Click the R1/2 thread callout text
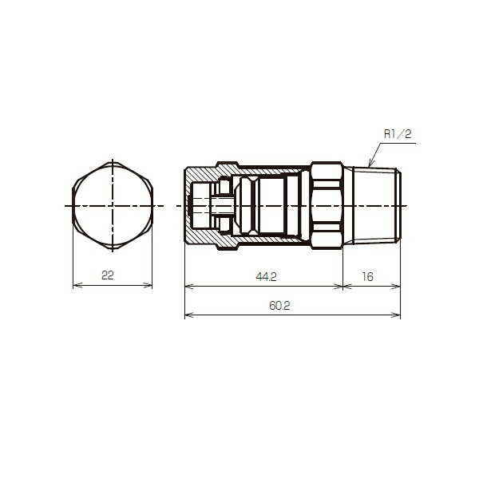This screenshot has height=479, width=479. (397, 136)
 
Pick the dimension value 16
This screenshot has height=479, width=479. (368, 276)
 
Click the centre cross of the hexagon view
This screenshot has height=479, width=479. (112, 206)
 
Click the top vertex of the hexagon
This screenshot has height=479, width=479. (112, 160)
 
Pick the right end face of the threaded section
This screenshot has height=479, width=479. (400, 206)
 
